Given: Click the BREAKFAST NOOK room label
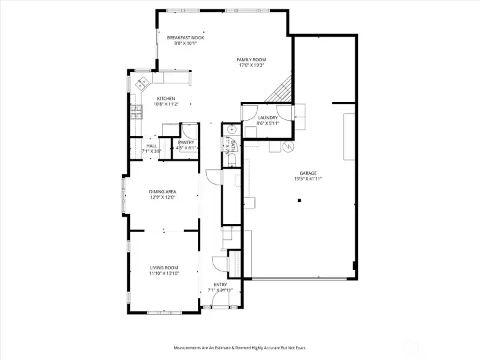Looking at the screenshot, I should [x=185, y=38].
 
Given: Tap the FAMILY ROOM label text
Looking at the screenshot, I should [x=251, y=60].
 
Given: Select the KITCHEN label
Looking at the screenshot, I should [x=166, y=99].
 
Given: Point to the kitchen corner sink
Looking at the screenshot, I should [x=143, y=84].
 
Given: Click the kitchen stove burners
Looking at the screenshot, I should [x=136, y=112].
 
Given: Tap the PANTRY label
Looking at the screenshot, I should [x=185, y=142].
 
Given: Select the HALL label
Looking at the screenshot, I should [x=151, y=145].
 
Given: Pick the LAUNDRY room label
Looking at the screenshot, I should [x=267, y=118].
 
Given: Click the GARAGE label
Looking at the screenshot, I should [x=308, y=173].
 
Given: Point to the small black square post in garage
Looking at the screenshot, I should [x=300, y=200].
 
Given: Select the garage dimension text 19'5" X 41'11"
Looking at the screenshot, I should [x=308, y=179].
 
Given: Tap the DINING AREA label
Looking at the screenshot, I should [x=162, y=192].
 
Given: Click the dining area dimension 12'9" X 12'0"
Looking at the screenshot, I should [x=162, y=197].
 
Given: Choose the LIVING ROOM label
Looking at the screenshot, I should [x=163, y=267].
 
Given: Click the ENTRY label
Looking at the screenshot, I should [x=220, y=285].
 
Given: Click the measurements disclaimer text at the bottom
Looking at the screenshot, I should [x=240, y=347].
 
